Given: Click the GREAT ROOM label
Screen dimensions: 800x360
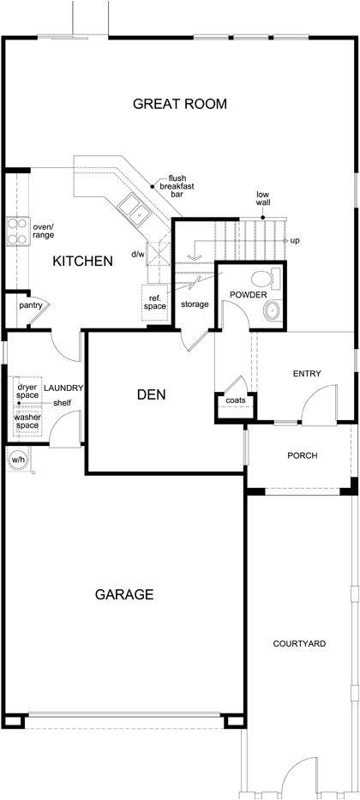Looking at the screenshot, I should click(180, 105).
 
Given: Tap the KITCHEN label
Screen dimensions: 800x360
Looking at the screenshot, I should click(82, 261).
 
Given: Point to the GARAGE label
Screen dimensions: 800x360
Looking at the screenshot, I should click(124, 593).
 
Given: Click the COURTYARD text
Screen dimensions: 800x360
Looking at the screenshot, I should click(299, 643).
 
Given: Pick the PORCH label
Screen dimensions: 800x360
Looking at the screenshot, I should click(302, 454).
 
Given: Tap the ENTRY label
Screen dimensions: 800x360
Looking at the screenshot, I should click(306, 374).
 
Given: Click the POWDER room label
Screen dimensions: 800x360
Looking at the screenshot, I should click(248, 295).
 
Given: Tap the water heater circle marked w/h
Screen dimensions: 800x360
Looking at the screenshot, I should click(16, 459).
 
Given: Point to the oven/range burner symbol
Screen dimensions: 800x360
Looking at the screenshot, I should click(16, 229).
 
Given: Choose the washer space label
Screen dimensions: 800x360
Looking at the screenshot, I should click(29, 421).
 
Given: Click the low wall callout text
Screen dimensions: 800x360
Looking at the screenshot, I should click(263, 200).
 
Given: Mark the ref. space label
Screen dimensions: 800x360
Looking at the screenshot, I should click(154, 301).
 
